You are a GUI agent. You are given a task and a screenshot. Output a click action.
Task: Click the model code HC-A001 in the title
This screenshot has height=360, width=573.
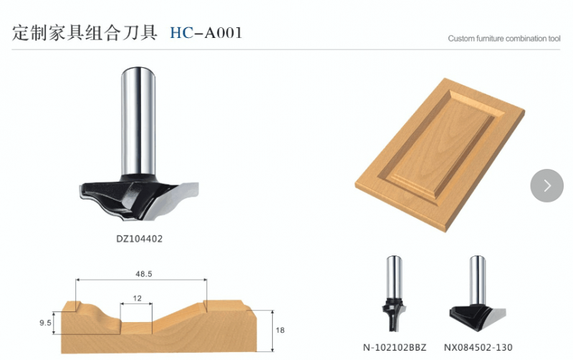[206, 33]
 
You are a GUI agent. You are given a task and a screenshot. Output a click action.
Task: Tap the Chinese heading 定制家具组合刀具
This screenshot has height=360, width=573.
[85, 33]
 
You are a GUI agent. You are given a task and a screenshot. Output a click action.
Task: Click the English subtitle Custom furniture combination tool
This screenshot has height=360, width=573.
[504, 39]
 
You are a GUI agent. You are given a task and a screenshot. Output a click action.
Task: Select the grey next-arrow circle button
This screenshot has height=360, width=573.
[546, 185]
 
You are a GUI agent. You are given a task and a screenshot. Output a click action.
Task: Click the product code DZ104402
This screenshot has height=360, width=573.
[139, 239]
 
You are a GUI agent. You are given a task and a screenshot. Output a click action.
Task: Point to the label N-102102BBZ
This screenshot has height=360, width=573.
[395, 347]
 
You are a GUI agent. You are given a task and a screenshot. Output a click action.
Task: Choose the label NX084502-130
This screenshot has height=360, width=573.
[478, 347]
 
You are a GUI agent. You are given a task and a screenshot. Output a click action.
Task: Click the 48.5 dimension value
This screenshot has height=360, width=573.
[144, 274]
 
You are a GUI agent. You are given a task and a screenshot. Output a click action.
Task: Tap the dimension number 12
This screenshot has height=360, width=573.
[137, 298]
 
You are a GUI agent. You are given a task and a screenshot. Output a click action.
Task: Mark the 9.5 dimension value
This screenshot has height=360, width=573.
[45, 323]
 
